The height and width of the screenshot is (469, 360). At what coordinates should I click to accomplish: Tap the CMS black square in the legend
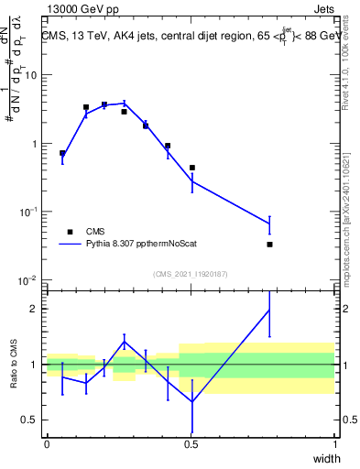(x=69, y=232)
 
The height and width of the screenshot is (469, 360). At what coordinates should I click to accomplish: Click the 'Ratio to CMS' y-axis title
(x=16, y=365)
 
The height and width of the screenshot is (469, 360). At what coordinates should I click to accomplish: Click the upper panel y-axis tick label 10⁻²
(x=27, y=279)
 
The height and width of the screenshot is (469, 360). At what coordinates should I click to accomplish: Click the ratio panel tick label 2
(x=35, y=309)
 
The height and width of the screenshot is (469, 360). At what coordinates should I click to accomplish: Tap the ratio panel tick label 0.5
(x=29, y=420)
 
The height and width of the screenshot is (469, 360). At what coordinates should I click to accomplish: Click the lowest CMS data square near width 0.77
(x=269, y=245)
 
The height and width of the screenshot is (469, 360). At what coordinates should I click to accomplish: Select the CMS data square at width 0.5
(x=192, y=168)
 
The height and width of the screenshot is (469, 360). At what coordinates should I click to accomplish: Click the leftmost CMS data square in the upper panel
(x=62, y=153)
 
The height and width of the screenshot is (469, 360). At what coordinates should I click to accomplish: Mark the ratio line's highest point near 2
(x=269, y=310)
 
